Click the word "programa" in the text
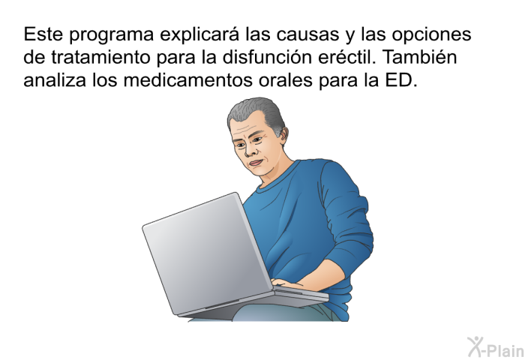112,35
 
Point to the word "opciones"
431,35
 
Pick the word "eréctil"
346,56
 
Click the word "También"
419,56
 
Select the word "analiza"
55,79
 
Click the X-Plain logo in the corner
496,347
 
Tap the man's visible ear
283,135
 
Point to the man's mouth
256,163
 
